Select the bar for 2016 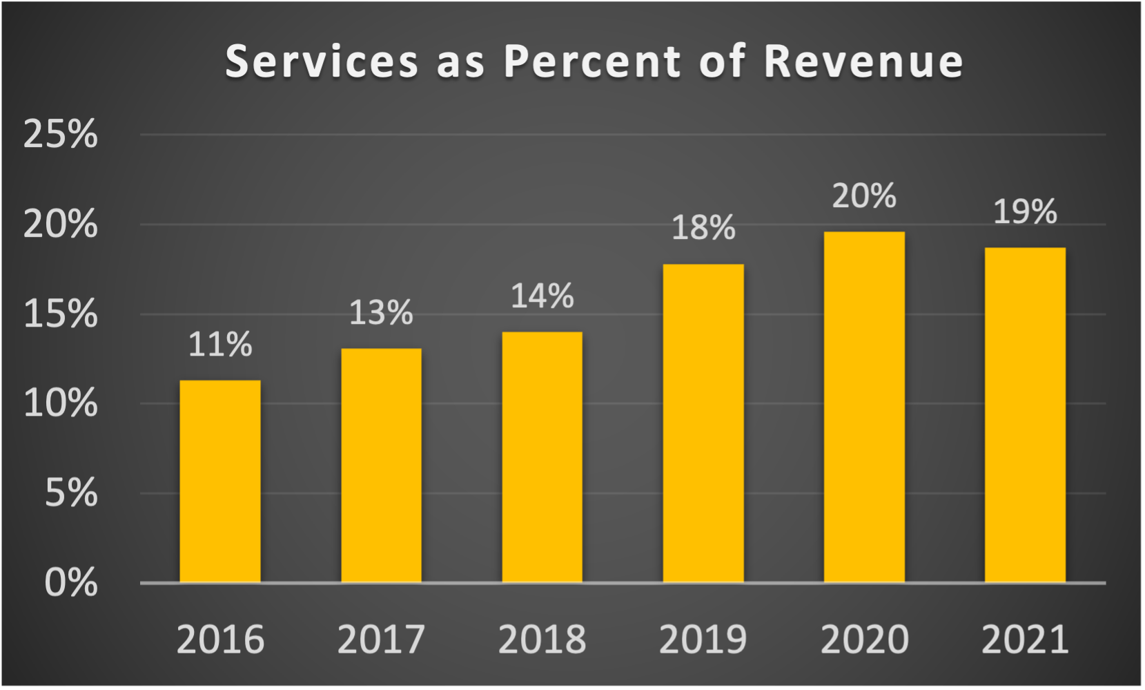[220, 481]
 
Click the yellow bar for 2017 [381, 466]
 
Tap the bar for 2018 [542, 457]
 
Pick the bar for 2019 [703, 423]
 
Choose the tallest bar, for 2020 [864, 408]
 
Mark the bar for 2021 [1025, 415]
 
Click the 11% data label [220, 345]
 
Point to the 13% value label [381, 313]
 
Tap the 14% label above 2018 [542, 296]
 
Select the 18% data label [703, 228]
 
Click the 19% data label [1025, 211]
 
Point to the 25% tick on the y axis [60, 134]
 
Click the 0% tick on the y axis [70, 583]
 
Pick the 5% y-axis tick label [70, 493]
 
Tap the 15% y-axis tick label [60, 314]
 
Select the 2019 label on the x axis [703, 640]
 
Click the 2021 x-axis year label [1025, 640]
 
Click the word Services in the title [322, 61]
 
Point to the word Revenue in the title [863, 61]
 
